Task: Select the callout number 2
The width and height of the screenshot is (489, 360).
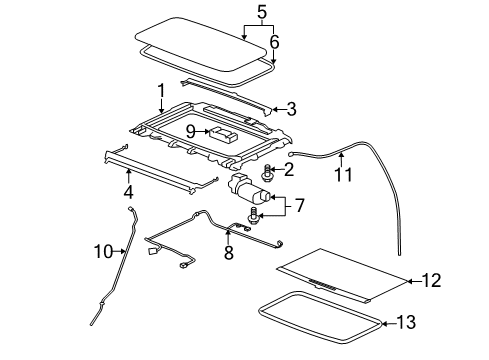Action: [288, 171]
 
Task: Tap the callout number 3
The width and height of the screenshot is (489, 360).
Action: [291, 109]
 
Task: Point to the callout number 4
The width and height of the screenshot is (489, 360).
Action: [126, 191]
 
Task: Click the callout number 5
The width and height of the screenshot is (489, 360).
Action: [261, 13]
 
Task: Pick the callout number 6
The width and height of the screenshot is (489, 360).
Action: [274, 42]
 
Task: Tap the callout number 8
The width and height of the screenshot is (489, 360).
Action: [229, 253]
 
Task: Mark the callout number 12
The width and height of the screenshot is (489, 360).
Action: [431, 281]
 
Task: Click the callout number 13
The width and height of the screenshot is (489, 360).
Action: [431, 322]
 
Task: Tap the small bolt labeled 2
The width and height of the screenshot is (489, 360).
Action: [268, 169]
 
